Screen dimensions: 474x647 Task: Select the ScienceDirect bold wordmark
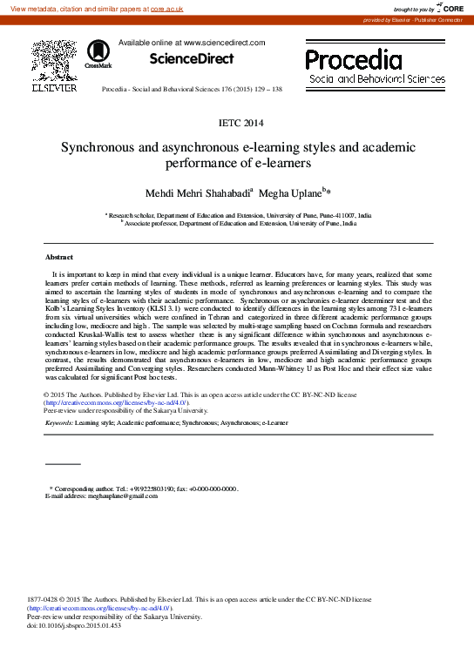tap(192, 59)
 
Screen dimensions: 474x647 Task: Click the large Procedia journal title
tap(353, 60)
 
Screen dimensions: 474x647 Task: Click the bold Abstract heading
tap(59, 257)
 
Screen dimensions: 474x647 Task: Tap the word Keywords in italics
tap(58, 422)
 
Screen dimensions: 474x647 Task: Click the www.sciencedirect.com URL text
tap(219, 42)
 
